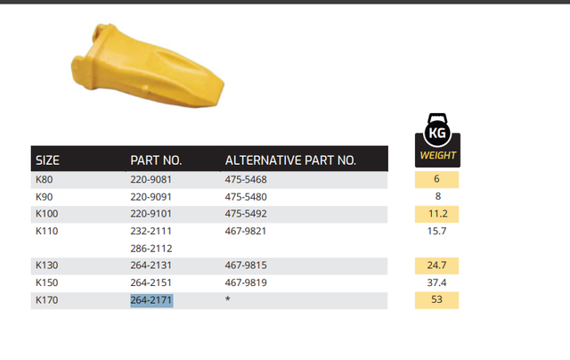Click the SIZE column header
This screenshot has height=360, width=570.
(47, 160)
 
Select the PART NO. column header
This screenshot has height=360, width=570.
(156, 160)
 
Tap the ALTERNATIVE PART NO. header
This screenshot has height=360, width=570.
(290, 160)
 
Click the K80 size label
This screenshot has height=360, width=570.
(44, 180)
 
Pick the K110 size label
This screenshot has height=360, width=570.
(46, 232)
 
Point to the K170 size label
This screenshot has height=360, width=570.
(46, 300)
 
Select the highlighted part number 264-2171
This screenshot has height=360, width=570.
(151, 300)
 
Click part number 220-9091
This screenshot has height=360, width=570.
(151, 197)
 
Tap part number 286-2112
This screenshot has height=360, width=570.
(151, 249)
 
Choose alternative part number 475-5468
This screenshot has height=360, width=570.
(246, 180)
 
